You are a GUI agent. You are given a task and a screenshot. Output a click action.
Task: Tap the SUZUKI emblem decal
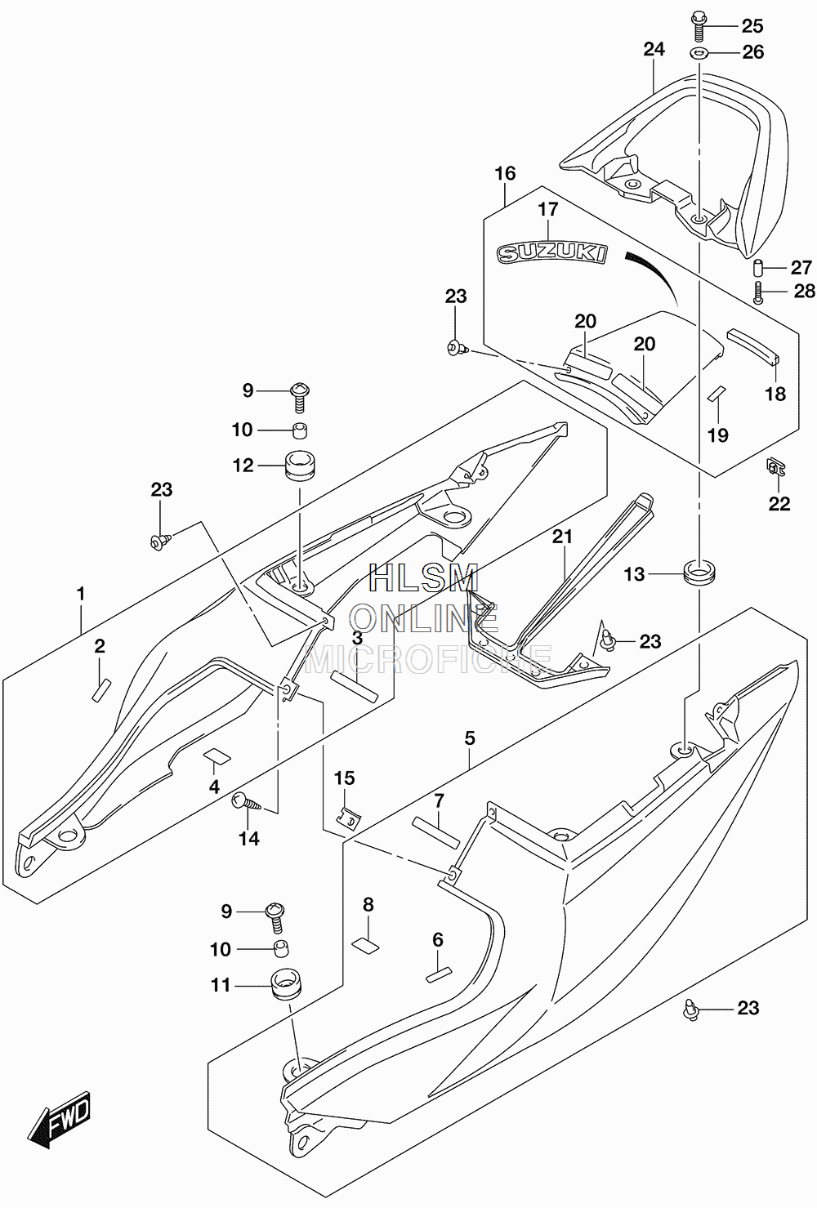[551, 253]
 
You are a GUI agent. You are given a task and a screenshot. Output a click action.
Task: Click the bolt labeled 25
[696, 25]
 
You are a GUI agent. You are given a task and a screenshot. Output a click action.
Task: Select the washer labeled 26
[698, 53]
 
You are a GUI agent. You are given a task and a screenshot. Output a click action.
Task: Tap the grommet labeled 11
[285, 984]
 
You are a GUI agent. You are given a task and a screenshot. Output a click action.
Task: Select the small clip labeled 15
[348, 821]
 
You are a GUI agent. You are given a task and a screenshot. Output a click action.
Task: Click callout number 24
[654, 49]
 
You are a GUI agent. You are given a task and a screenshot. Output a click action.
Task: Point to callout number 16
[505, 174]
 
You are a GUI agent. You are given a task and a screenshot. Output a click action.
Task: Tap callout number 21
[562, 536]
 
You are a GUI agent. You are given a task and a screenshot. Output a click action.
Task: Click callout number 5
[470, 738]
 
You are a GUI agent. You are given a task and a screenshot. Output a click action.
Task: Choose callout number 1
[81, 595]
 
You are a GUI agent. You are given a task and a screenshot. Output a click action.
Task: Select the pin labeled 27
[759, 267]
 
